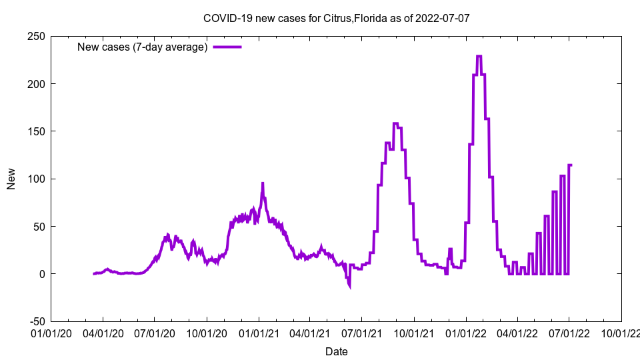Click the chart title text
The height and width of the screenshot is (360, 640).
click(337, 18)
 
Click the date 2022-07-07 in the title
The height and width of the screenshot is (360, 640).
click(442, 18)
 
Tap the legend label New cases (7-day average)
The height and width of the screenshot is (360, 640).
click(143, 47)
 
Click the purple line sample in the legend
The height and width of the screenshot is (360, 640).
click(227, 47)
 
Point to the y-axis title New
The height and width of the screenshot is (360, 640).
click(11, 179)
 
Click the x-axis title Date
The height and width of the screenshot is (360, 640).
click(337, 351)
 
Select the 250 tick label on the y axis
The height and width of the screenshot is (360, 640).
click(36, 36)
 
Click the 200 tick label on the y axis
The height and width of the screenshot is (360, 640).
click(36, 84)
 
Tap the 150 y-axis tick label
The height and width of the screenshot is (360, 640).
click(36, 131)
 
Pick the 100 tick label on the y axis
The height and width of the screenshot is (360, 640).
click(36, 179)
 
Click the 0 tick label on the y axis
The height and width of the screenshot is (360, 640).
click(41, 274)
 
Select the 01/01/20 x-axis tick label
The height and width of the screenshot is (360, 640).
click(51, 331)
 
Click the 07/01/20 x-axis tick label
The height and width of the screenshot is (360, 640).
click(155, 331)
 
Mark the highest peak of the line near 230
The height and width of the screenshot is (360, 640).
click(479, 57)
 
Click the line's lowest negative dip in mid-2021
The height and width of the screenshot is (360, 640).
click(349, 287)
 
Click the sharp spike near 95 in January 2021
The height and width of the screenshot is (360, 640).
click(263, 183)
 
